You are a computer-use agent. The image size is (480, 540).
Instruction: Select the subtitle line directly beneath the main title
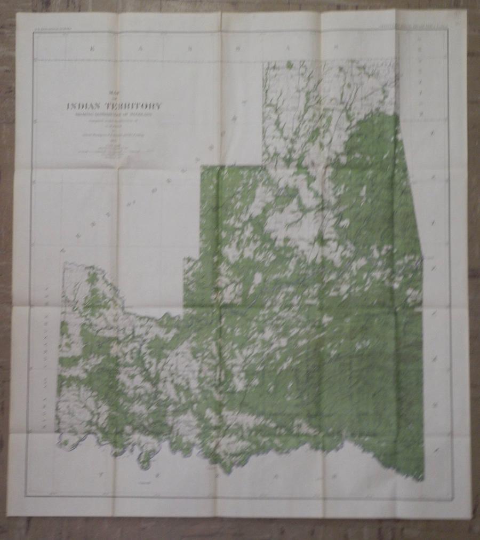click(x=114, y=113)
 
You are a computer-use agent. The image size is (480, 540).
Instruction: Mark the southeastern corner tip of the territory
click(x=423, y=479)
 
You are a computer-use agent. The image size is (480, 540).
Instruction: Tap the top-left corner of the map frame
click(x=33, y=33)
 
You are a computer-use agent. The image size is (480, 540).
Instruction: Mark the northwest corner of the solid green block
click(x=202, y=167)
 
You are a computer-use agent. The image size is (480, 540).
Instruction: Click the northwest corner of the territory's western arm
click(x=63, y=263)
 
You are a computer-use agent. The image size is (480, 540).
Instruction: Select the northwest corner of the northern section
click(x=262, y=63)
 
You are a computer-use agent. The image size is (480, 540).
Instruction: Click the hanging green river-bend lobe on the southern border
click(x=143, y=462)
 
